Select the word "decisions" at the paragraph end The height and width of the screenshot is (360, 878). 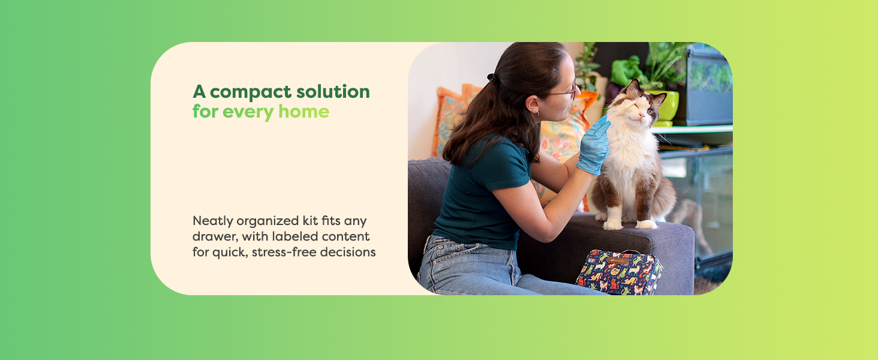click(x=348, y=252)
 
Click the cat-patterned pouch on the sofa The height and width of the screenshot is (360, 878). click(x=618, y=273)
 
